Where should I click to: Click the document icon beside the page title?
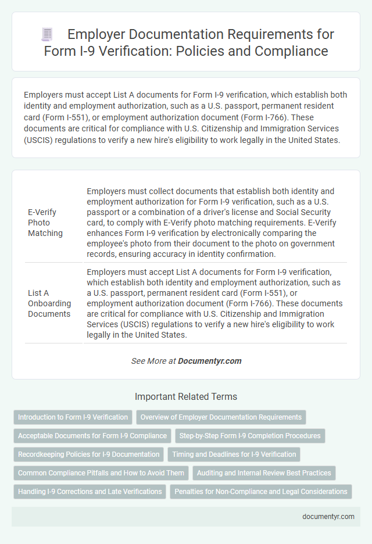point(47,34)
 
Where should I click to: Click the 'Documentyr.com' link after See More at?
point(210,361)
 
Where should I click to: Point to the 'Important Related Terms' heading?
point(185,397)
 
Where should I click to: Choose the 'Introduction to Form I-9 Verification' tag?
point(73,417)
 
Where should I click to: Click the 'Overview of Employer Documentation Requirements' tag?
point(221,417)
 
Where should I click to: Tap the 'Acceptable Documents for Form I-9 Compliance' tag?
point(91,435)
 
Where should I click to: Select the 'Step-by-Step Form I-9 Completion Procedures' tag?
point(250,435)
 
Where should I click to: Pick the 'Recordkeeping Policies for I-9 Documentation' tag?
point(88,454)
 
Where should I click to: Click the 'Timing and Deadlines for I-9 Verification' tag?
point(234,454)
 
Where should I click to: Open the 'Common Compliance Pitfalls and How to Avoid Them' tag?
point(101,473)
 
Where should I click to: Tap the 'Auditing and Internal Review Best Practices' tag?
point(264,473)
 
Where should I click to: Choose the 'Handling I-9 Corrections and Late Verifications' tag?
point(90,491)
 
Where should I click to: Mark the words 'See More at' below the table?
point(153,361)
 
